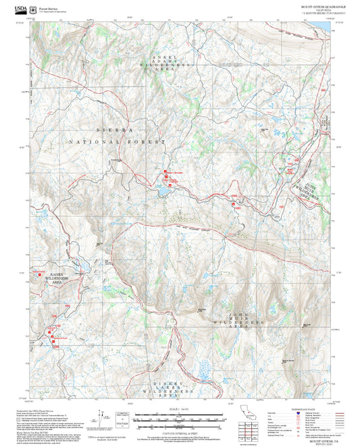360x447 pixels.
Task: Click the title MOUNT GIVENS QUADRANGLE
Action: click(313, 6)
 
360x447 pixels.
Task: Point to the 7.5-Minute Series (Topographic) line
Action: click(315, 13)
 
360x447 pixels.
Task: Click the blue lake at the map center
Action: click(165, 192)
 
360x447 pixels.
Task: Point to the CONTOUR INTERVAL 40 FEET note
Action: click(180, 432)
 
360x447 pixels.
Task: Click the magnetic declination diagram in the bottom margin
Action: click(103, 416)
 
